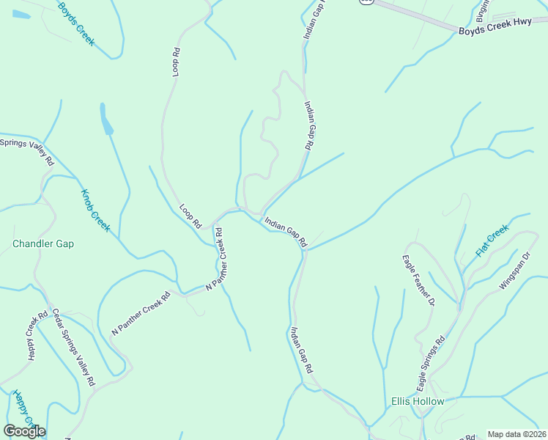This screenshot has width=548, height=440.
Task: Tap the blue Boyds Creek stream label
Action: (77, 23)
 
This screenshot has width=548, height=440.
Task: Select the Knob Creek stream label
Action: (95, 210)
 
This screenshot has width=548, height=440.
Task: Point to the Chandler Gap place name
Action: (43, 243)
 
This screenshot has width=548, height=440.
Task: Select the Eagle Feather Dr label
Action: (418, 280)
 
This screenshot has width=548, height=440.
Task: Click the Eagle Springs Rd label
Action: (431, 364)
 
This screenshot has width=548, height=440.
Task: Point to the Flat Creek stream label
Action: (492, 241)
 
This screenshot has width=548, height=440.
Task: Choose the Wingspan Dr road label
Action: (514, 272)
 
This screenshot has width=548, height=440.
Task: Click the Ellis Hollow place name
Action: (418, 402)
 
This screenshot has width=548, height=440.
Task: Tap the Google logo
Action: (24, 430)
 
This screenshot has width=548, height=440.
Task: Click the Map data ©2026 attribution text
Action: (516, 434)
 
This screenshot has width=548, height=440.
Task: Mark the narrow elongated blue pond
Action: (106, 119)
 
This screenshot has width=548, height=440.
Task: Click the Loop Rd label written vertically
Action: (176, 62)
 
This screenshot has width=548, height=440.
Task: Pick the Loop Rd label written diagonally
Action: (190, 216)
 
